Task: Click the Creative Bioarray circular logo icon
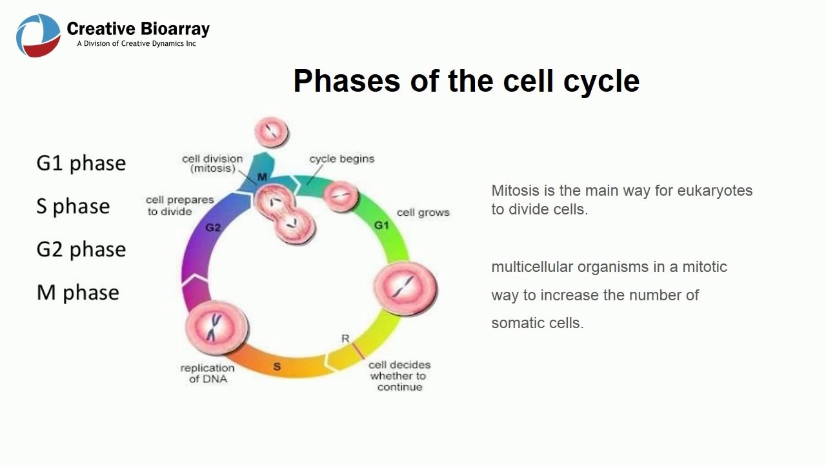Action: (38, 36)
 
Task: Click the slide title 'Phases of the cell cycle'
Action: (466, 81)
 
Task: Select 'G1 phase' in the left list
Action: (81, 163)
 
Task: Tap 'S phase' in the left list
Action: (73, 207)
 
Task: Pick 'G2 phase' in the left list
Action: (81, 249)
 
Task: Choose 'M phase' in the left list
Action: (77, 293)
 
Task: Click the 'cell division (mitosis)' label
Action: (212, 163)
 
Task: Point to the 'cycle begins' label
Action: (341, 159)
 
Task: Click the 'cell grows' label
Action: (423, 212)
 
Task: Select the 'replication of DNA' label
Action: (207, 373)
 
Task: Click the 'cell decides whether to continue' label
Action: (399, 376)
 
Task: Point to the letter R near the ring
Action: (345, 339)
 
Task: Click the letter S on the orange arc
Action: (277, 367)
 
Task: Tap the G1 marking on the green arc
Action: (381, 225)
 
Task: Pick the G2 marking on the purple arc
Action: (213, 227)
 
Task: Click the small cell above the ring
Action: (272, 132)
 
